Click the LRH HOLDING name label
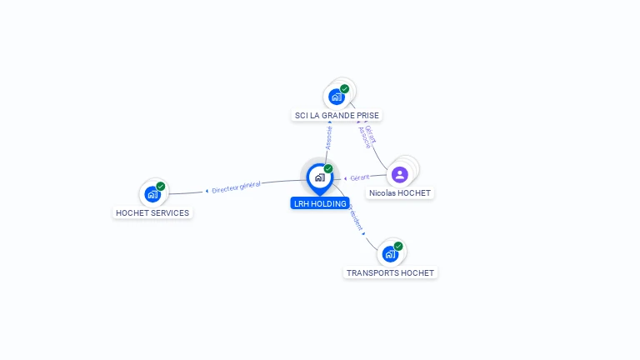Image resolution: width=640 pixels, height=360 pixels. [x=320, y=203]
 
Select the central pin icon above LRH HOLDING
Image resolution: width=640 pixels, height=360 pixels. [x=319, y=177]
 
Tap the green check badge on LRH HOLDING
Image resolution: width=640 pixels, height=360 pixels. [x=328, y=168]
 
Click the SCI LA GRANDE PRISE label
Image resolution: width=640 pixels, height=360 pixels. [x=337, y=115]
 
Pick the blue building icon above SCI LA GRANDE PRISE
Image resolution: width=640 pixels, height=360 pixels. [x=337, y=97]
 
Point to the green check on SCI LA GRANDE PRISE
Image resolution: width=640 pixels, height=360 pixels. [x=345, y=88]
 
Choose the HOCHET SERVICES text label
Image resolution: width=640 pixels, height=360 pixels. [x=152, y=212]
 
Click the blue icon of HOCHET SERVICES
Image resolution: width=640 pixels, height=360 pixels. [x=152, y=194]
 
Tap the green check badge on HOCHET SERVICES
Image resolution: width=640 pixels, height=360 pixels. [x=161, y=186]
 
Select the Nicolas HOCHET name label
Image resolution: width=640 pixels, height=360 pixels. [x=401, y=192]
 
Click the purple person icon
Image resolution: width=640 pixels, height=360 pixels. [x=399, y=174]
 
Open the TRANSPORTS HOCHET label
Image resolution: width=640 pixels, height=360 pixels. [x=391, y=272]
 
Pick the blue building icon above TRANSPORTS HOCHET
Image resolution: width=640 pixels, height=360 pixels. [x=390, y=254]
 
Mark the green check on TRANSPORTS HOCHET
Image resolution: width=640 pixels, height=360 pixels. [x=398, y=246]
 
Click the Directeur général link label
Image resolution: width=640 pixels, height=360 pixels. [x=237, y=187]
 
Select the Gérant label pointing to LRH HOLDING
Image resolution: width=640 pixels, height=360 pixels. [x=360, y=177]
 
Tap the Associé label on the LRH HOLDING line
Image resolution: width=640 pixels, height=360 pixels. [x=329, y=138]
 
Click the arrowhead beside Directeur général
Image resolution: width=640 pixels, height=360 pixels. [x=207, y=191]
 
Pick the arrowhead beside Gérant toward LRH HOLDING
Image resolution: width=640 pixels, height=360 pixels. [x=346, y=178]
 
